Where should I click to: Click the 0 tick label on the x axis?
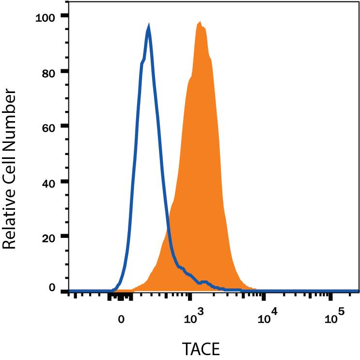coord(122,319)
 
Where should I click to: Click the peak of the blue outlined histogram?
coord(148,29)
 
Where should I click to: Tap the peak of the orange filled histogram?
coord(200,23)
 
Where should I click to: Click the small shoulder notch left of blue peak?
coord(142,62)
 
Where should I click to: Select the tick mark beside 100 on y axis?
coord(64,16)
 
